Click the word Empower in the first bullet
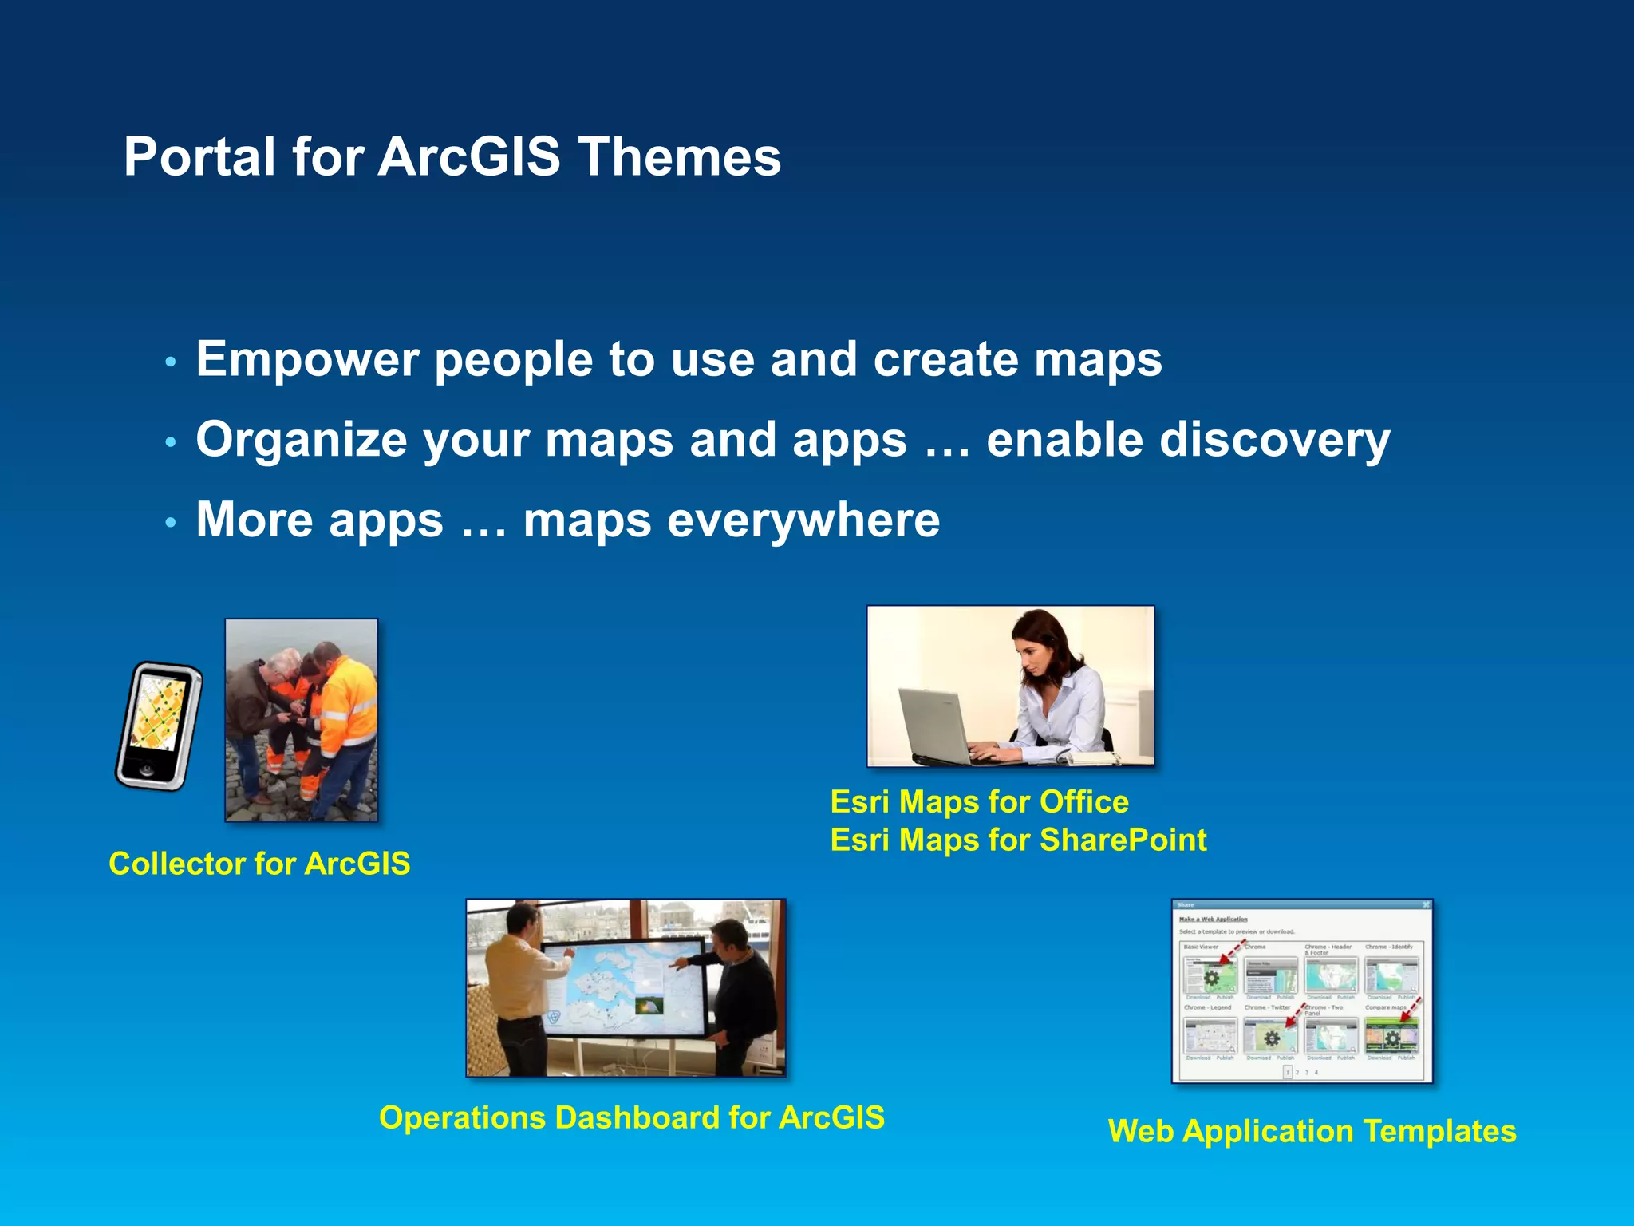[307, 359]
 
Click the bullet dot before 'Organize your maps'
[169, 442]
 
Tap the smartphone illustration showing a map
[159, 725]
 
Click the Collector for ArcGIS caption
[259, 864]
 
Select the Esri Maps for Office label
[979, 801]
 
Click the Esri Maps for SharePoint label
[1018, 840]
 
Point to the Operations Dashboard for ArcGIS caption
[631, 1117]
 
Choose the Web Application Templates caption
[1312, 1131]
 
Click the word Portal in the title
[199, 156]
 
